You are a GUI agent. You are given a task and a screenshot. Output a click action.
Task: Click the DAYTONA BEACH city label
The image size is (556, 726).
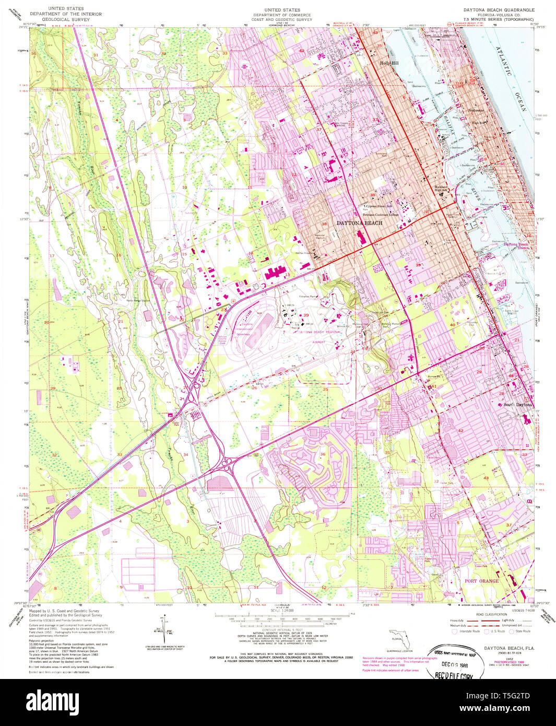pyautogui.click(x=359, y=223)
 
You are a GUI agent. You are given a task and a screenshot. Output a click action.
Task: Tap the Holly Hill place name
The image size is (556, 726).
pyautogui.click(x=388, y=63)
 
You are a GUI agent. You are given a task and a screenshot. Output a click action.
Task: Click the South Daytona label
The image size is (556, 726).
pyautogui.click(x=517, y=405)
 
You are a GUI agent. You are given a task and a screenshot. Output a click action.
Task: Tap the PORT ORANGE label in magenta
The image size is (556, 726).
pyautogui.click(x=481, y=581)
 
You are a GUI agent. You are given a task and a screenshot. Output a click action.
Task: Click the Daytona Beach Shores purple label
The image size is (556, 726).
pyautogui.click(x=516, y=245)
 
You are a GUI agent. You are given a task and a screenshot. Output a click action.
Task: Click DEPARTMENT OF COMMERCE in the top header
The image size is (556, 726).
pyautogui.click(x=281, y=15)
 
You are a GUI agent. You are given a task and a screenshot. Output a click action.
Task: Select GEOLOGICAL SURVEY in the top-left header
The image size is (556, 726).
pyautogui.click(x=66, y=19)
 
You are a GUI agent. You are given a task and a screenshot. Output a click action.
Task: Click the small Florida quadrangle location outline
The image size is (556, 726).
pyautogui.click(x=399, y=638)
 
